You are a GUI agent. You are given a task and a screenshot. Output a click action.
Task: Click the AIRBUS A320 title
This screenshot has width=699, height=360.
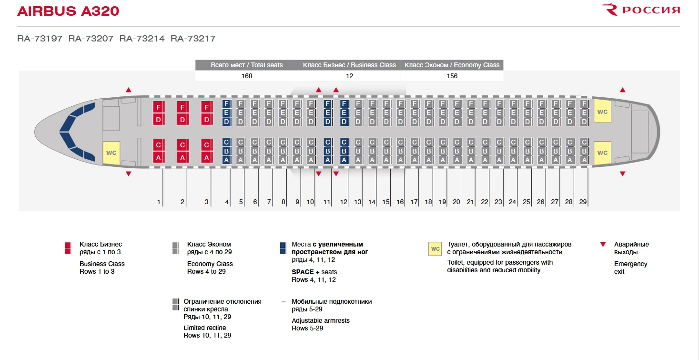[x=68, y=11]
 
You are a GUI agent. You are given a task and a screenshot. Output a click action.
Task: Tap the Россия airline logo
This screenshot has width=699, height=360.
[x=641, y=10]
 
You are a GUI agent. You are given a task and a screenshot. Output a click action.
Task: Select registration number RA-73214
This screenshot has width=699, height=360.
[x=142, y=39]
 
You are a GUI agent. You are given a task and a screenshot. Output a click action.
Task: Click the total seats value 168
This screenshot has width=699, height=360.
[x=246, y=76]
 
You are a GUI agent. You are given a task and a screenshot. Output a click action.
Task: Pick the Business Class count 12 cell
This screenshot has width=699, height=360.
[x=349, y=76]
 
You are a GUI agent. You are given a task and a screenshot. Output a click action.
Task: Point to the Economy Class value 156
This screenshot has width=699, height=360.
[x=452, y=76]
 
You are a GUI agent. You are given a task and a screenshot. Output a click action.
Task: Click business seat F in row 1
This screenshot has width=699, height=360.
[x=158, y=107]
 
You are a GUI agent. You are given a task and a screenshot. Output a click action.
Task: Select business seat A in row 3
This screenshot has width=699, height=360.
[x=206, y=157]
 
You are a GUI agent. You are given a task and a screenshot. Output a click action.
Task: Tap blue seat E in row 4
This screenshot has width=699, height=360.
[x=226, y=113]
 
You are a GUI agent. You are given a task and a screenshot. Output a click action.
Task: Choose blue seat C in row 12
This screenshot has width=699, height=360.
[x=344, y=142]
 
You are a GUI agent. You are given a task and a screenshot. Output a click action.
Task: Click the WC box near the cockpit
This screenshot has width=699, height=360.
[x=111, y=153]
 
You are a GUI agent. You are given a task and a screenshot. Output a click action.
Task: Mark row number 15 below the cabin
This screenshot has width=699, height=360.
[x=385, y=202]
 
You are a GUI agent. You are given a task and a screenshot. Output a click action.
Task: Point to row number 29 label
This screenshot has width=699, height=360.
[x=583, y=202]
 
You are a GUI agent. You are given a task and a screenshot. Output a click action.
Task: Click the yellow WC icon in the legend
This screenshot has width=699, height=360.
[x=435, y=249]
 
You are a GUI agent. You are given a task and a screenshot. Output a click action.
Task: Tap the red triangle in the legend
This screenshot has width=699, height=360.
[x=603, y=245]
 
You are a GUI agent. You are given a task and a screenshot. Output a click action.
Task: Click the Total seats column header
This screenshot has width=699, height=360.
[x=246, y=65]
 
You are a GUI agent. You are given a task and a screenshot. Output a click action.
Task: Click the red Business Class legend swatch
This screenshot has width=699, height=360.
[x=68, y=248]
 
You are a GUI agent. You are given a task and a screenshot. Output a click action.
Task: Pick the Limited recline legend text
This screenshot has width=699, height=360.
[x=205, y=328]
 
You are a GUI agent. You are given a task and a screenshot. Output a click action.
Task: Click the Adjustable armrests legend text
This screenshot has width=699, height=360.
[x=321, y=320]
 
